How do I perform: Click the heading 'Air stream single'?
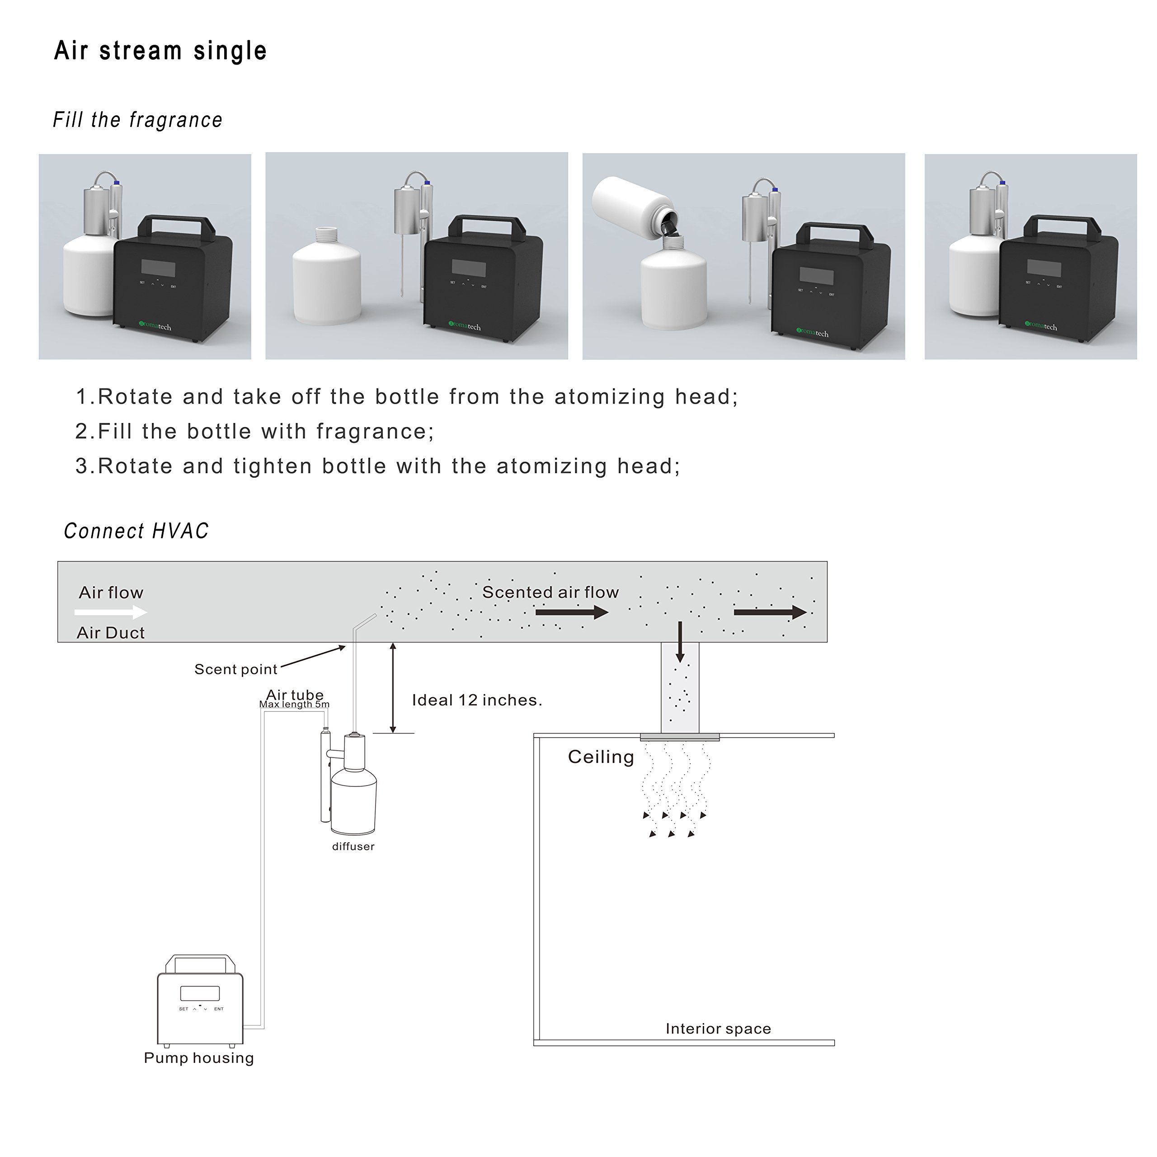pos(160,51)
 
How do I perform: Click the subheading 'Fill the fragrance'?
pos(138,120)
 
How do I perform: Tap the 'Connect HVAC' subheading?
pos(136,531)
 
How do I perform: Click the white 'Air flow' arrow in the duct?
pos(111,612)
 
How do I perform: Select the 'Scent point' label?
pos(236,669)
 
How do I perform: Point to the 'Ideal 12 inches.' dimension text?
pos(477,700)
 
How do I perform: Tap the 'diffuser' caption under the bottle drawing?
pos(353,846)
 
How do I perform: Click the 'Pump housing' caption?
pos(199,1058)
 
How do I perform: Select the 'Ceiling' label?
pos(601,757)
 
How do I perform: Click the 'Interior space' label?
pos(718,1029)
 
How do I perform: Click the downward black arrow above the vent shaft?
pos(680,641)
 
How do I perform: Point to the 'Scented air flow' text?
pos(550,592)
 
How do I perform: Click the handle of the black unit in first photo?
pos(177,221)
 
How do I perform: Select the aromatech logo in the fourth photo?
pos(1041,326)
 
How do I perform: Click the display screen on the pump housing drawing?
pos(200,993)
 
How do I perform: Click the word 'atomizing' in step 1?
pos(609,397)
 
